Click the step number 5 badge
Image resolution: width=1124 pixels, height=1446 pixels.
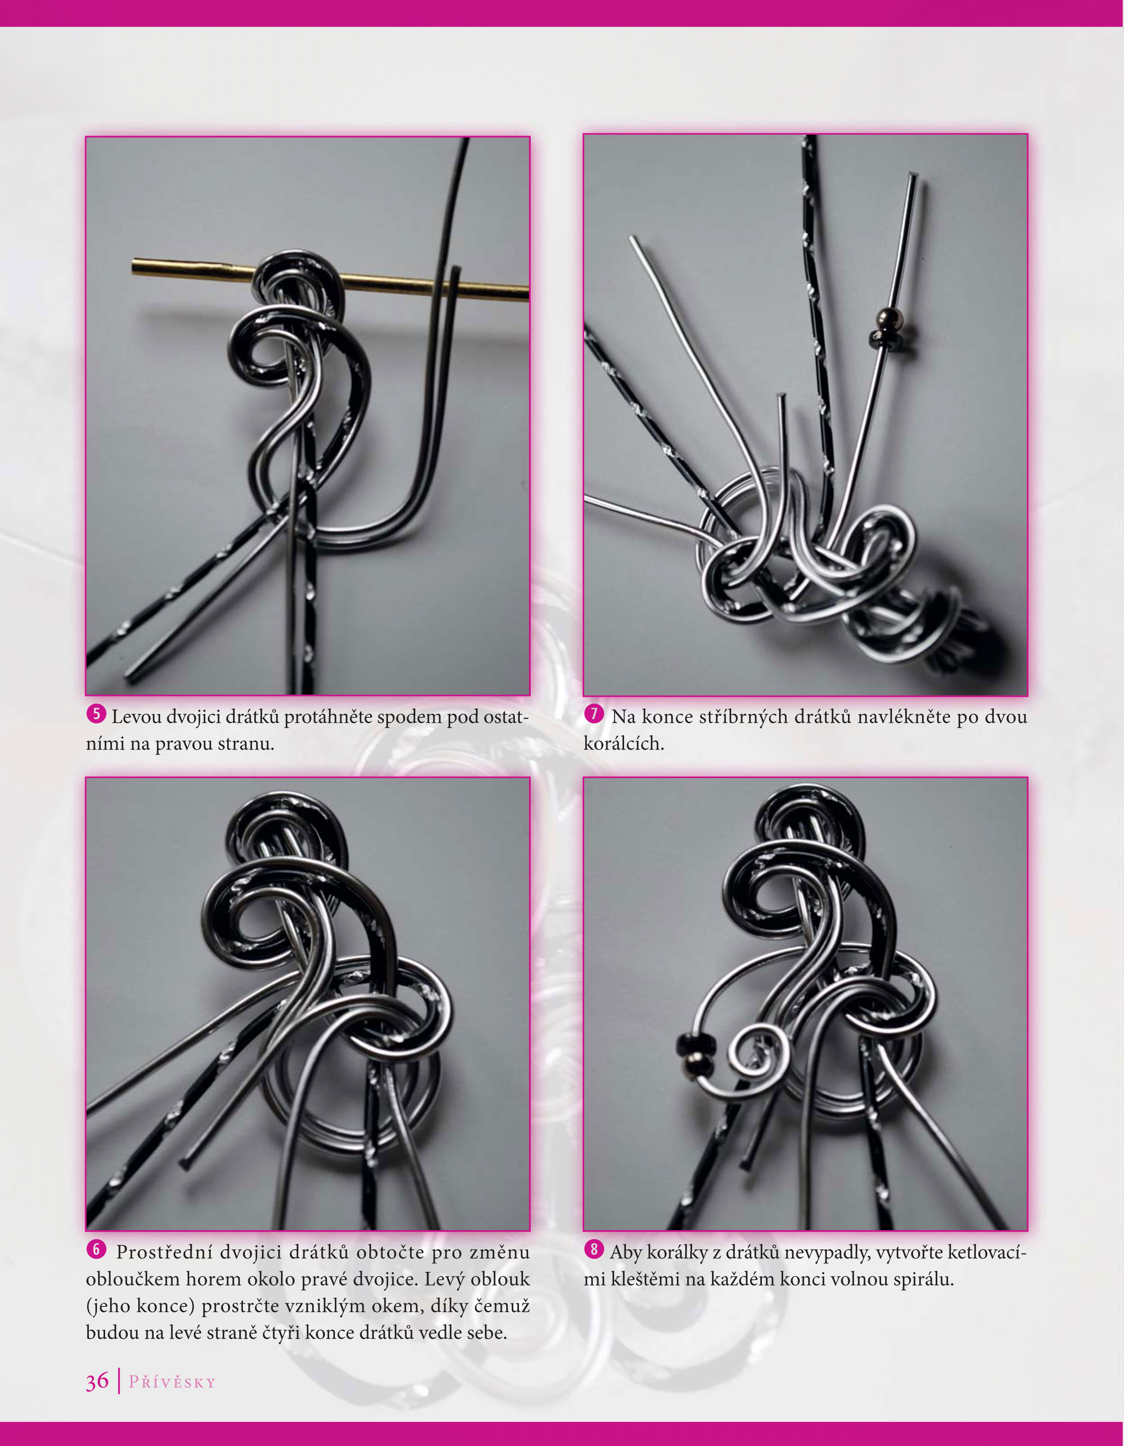pyautogui.click(x=96, y=714)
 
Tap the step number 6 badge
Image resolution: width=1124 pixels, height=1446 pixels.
pyautogui.click(x=96, y=1249)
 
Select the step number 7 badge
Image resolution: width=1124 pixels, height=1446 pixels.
pyautogui.click(x=594, y=714)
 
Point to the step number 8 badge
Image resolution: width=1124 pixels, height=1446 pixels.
pyautogui.click(x=594, y=1249)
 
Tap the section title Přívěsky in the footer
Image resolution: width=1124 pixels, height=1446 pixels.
pyautogui.click(x=172, y=1383)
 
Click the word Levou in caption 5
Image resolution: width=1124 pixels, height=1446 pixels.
pyautogui.click(x=136, y=716)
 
